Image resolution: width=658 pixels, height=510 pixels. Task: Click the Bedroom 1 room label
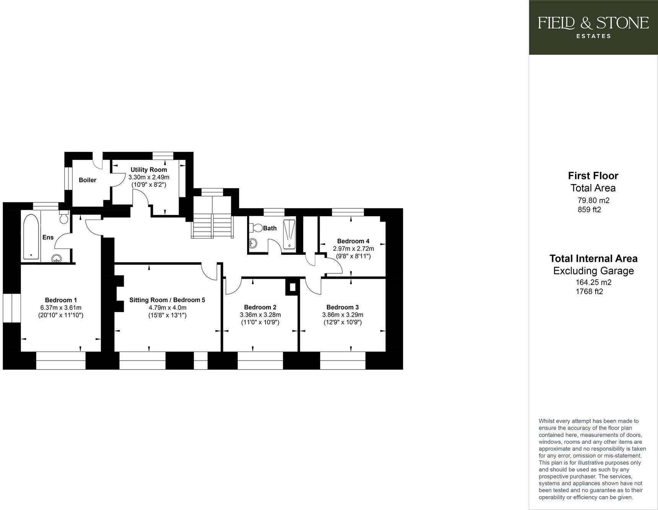(61, 300)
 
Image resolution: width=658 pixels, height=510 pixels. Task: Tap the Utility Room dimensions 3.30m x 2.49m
(149, 177)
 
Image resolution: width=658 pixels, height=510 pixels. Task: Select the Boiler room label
(87, 180)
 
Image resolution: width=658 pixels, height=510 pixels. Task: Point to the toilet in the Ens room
(64, 217)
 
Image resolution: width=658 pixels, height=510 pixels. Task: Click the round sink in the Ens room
(57, 259)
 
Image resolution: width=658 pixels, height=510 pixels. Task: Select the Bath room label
(270, 228)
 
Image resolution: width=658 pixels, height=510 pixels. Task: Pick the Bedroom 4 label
(353, 241)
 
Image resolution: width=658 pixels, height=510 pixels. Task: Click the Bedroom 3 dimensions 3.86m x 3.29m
(342, 315)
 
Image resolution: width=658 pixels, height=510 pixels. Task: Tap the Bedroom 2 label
(260, 307)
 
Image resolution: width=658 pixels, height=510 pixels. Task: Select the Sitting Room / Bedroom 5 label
(167, 300)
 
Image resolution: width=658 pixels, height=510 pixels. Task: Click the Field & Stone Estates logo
(593, 27)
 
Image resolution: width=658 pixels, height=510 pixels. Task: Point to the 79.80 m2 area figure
(593, 200)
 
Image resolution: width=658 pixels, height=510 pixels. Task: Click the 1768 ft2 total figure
(589, 292)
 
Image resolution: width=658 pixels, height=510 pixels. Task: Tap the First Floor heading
(593, 176)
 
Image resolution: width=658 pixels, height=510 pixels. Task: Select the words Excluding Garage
(593, 271)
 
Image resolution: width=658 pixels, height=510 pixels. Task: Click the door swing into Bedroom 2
(233, 286)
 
